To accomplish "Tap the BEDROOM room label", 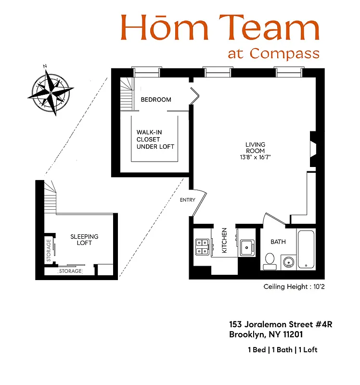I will point(156,100).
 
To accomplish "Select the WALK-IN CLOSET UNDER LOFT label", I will point(155,139).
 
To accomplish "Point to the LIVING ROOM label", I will point(255,148).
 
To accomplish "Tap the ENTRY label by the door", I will point(187,200).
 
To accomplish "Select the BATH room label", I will point(278,242).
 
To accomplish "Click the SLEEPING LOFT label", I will point(84,240).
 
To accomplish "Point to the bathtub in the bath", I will point(306,250).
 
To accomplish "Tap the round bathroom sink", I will point(288,262).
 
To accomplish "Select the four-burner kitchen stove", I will point(202,247).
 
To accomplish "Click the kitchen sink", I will point(248,246).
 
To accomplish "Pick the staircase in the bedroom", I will point(126,94).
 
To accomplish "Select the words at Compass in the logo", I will point(273,52).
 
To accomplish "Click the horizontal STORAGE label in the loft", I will point(70,271).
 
